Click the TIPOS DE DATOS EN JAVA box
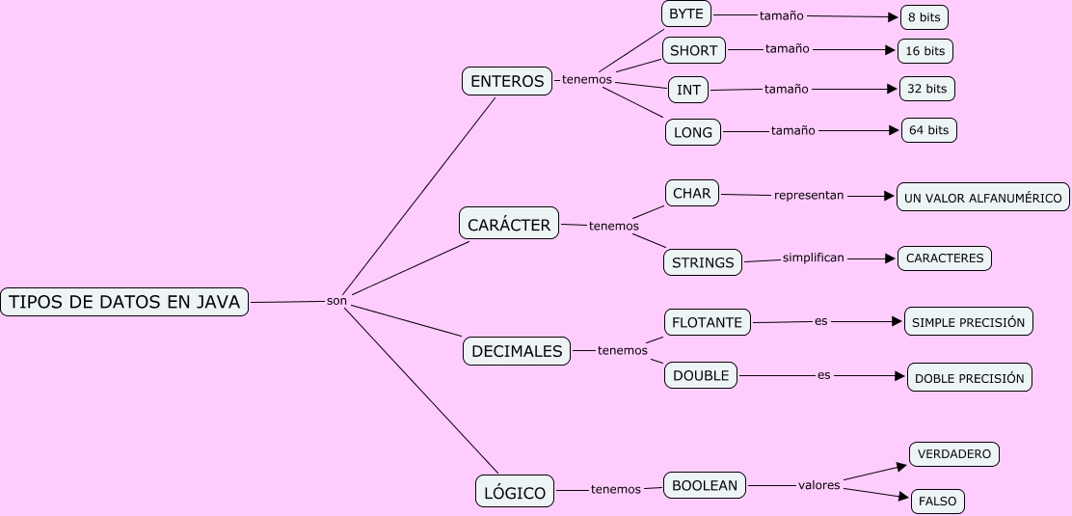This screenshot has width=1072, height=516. [x=124, y=302]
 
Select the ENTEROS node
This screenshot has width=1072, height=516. [x=507, y=81]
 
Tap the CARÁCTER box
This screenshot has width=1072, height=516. [x=509, y=225]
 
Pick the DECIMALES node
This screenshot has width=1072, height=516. [x=517, y=351]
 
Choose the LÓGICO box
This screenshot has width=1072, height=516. [x=515, y=493]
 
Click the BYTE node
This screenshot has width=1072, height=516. [x=686, y=14]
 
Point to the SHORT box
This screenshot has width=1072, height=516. [x=694, y=50]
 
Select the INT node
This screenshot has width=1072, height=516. [x=688, y=90]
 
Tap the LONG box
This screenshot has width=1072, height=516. [x=693, y=132]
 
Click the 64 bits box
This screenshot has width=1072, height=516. [x=928, y=130]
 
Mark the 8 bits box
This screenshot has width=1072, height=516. [x=925, y=17]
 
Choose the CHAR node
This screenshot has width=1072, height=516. [x=692, y=193]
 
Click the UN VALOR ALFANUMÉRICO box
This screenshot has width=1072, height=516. [x=983, y=198]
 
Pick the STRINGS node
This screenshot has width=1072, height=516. [x=703, y=261]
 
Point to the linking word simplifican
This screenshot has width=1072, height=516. [x=814, y=258]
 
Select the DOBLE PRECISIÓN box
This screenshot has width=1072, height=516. [x=970, y=378]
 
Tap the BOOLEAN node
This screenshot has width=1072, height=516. [x=705, y=485]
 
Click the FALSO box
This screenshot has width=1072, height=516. [x=938, y=502]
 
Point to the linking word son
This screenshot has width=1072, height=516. [x=336, y=301]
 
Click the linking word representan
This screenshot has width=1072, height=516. [x=809, y=195]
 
